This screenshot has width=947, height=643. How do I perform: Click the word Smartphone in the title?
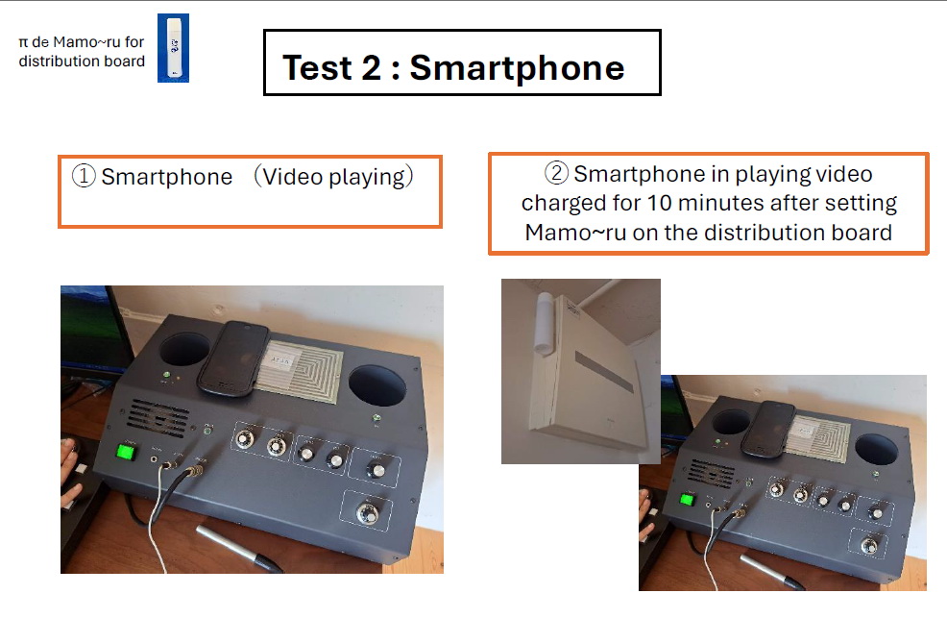click(x=517, y=67)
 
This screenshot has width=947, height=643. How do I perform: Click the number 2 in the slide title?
click(x=371, y=67)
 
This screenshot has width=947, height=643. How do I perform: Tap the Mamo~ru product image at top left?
click(x=173, y=48)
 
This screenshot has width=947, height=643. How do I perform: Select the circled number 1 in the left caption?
click(x=84, y=177)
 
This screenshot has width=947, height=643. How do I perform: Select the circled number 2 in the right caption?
click(x=556, y=173)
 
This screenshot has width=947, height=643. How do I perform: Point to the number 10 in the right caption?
click(x=660, y=203)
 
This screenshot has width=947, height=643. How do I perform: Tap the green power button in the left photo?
click(x=126, y=452)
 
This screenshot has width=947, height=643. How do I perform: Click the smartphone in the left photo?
click(x=233, y=359)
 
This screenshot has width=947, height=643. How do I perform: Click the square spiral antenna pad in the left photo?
click(x=300, y=369)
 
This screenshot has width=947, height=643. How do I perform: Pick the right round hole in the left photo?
click(x=377, y=385)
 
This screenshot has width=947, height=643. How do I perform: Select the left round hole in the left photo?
click(x=184, y=349)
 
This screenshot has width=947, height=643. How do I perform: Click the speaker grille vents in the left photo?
click(x=158, y=417)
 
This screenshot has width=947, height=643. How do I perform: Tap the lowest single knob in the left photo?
click(x=367, y=513)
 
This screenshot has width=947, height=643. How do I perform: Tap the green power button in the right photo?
click(x=687, y=500)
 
